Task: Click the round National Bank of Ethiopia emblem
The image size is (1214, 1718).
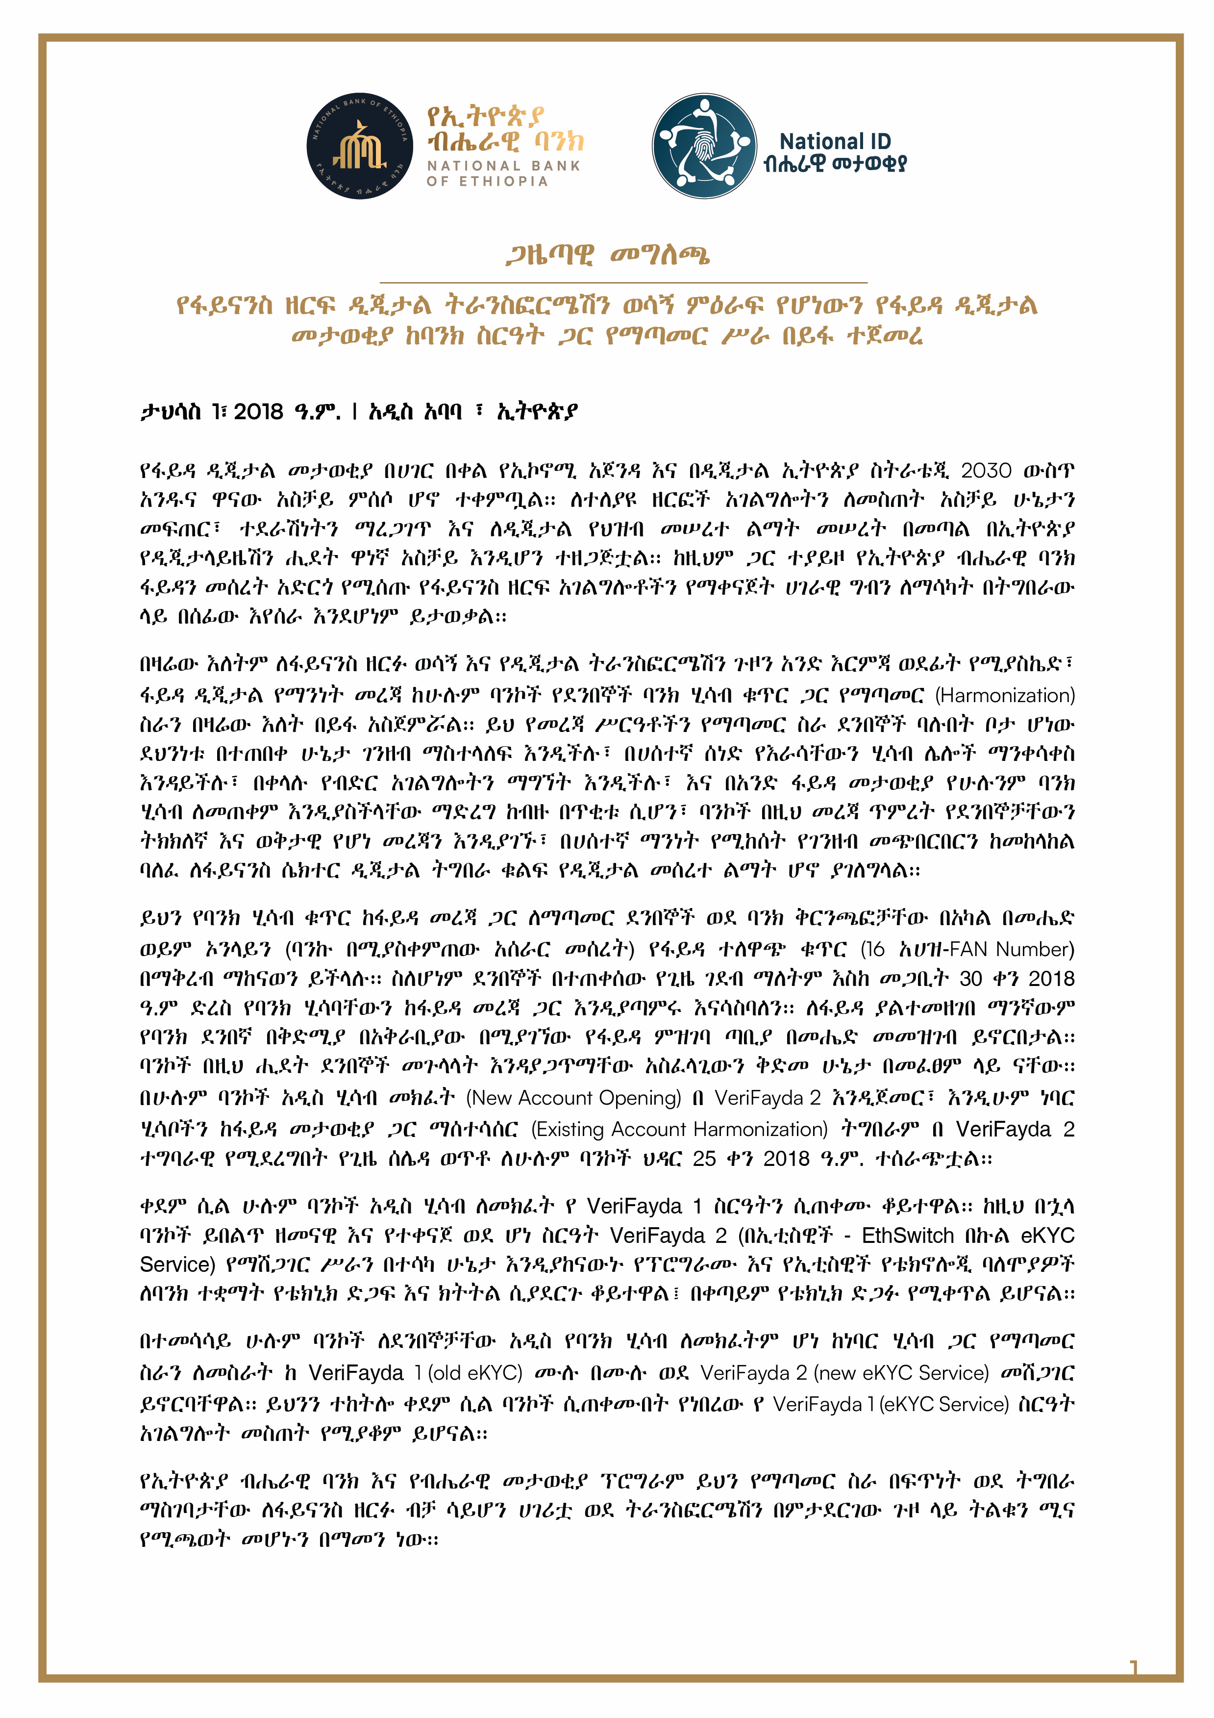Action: (x=360, y=146)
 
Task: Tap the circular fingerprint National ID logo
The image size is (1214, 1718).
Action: (x=704, y=146)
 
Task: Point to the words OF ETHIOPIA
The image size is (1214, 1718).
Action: (x=487, y=181)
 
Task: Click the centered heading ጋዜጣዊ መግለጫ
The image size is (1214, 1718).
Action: (x=607, y=255)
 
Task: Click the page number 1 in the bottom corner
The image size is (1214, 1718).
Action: (x=1133, y=1667)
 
